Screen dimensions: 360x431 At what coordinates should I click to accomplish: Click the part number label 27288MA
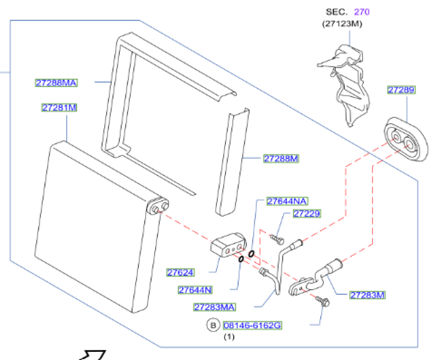click(x=56, y=83)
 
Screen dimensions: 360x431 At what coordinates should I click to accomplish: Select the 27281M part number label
click(x=59, y=108)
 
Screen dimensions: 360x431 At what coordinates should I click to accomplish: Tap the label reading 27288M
click(x=281, y=159)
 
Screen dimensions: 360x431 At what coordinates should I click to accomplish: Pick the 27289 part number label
click(x=401, y=90)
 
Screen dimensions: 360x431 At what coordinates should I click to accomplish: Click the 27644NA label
click(x=287, y=201)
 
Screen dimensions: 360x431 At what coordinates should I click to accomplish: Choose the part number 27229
click(x=307, y=214)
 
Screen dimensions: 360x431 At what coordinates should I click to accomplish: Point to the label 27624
click(x=180, y=272)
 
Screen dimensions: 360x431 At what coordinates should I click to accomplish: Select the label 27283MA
click(x=214, y=307)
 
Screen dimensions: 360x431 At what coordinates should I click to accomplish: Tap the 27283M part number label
click(x=367, y=295)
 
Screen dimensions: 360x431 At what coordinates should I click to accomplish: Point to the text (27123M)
click(x=342, y=24)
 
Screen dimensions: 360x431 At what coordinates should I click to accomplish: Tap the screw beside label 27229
click(x=276, y=237)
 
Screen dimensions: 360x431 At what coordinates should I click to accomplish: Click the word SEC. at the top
click(x=336, y=12)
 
